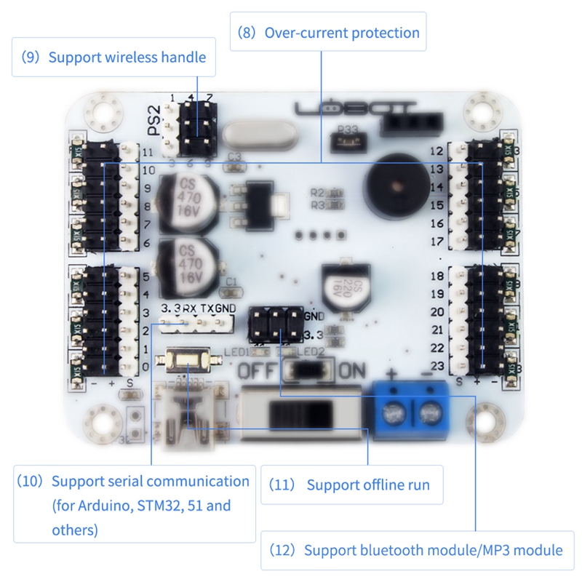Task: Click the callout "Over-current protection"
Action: [x=328, y=33]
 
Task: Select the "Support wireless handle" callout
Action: [x=114, y=57]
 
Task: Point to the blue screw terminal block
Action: [x=410, y=410]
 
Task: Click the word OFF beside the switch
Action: [x=257, y=370]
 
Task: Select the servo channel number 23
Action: [x=437, y=366]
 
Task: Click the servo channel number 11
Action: [x=148, y=153]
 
